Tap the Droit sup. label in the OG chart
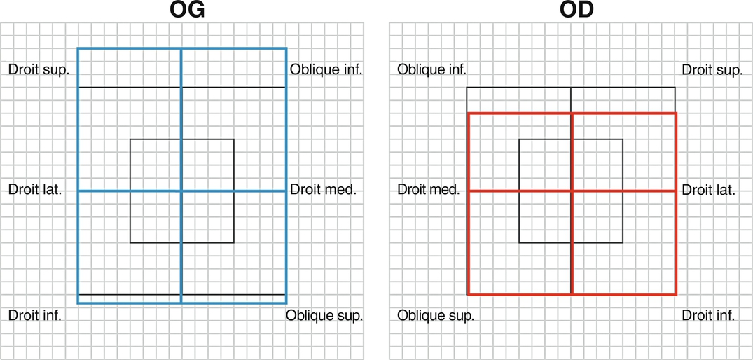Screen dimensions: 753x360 click(39, 69)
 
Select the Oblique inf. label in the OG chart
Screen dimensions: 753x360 click(326, 69)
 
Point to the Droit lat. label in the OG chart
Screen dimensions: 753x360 click(34, 189)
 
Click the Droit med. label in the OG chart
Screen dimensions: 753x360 click(323, 189)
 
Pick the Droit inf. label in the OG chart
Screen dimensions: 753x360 click(35, 315)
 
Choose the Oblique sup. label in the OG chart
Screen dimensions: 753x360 click(324, 315)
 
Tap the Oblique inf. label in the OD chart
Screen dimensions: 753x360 click(431, 69)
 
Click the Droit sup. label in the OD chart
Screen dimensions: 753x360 click(712, 69)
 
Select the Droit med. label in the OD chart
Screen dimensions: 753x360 click(429, 189)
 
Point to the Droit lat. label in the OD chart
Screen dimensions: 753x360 click(708, 189)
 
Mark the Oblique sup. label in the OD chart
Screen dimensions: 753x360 click(436, 315)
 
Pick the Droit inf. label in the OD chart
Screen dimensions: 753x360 click(709, 315)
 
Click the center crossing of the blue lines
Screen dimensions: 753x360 click(181, 191)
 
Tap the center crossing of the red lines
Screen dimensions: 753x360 click(572, 191)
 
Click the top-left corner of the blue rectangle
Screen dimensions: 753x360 click(78, 48)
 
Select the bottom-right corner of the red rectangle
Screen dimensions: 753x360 click(676, 293)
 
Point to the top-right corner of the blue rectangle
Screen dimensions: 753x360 click(286, 48)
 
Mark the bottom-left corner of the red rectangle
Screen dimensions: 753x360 click(468, 293)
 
